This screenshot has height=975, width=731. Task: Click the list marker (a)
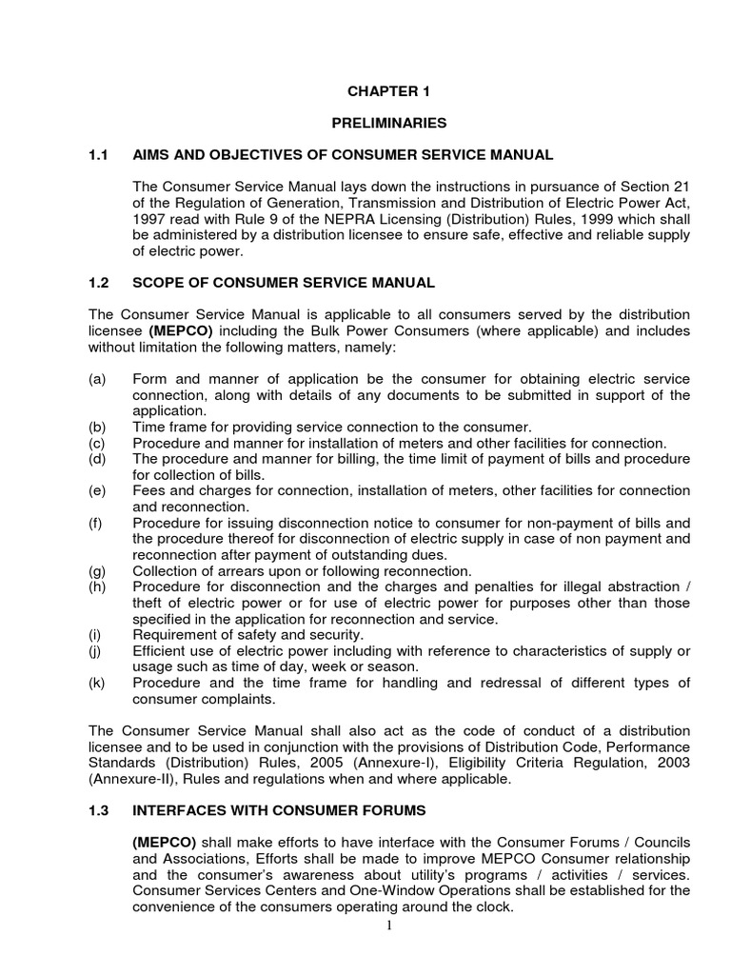click(96, 380)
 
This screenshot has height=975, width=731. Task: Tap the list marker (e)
click(96, 490)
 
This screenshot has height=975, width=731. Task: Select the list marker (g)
click(96, 570)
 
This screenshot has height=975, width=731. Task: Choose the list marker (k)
click(96, 683)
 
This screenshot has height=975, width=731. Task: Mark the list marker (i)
click(94, 634)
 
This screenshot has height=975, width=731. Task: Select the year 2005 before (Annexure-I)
click(293, 763)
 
